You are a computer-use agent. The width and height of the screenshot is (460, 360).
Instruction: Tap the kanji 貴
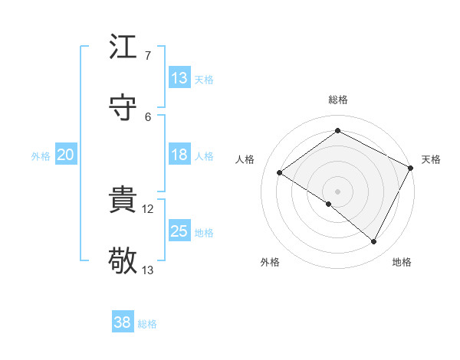pos(123,201)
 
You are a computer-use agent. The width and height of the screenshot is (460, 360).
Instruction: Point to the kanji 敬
pos(123,260)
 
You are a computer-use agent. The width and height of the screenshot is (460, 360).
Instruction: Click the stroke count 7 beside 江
pos(147,56)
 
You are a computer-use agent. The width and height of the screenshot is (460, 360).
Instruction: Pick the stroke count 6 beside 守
pos(147,116)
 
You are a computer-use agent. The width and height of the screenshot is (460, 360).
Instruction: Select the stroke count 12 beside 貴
pos(148,209)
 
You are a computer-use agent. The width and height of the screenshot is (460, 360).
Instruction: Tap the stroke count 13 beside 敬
pos(148,270)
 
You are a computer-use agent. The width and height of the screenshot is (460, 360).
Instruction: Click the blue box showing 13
pos(179,78)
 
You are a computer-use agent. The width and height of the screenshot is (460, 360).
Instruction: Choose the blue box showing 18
pos(179,155)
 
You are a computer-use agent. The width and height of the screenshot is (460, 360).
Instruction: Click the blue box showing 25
pos(179,231)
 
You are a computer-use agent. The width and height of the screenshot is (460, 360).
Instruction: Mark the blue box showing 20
pos(65,155)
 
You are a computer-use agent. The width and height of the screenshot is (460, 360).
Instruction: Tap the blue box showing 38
pos(123,322)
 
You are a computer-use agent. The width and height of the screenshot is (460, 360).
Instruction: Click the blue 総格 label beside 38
pos(147,324)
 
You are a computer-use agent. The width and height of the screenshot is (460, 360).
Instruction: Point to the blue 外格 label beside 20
pos(41,156)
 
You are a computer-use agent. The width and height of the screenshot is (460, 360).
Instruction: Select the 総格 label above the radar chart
pos(337,100)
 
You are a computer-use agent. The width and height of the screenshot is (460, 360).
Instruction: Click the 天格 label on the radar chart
pos(431,159)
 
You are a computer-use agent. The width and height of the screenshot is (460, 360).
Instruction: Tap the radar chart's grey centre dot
pos(337,190)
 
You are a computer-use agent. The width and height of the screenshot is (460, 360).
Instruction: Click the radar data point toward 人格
pos(280,172)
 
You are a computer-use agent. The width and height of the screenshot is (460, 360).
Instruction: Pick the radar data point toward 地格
pos(374,242)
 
